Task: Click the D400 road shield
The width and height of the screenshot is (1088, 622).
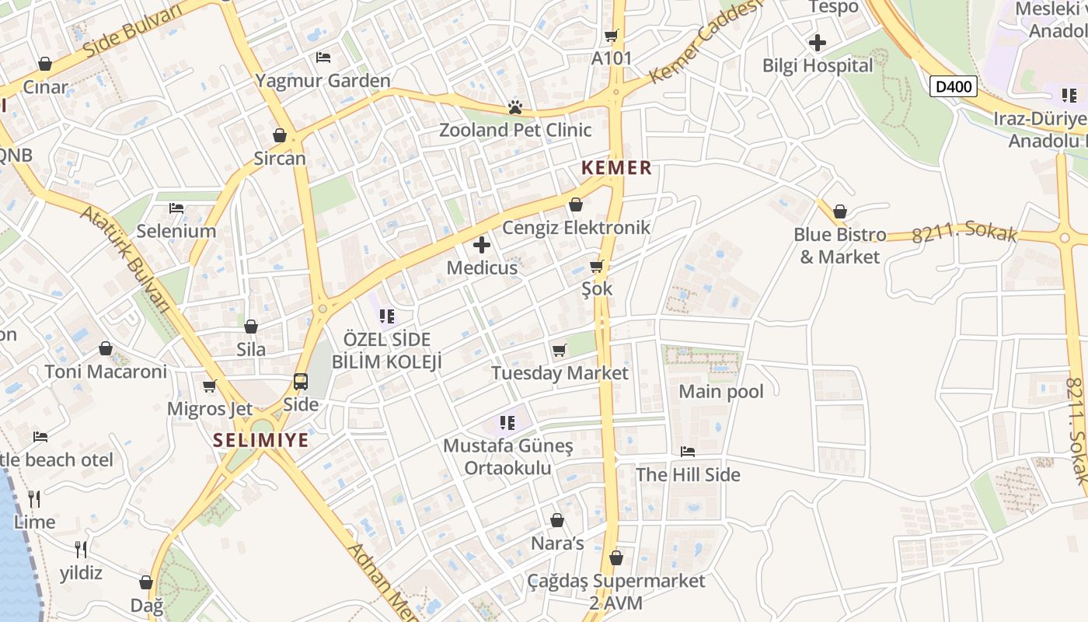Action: point(954,86)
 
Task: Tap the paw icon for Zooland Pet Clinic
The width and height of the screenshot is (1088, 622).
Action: point(514,107)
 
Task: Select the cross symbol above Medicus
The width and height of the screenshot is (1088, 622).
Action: point(482,246)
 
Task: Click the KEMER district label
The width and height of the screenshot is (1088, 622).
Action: point(616,168)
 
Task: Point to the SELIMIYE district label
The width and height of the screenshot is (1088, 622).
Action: point(261,441)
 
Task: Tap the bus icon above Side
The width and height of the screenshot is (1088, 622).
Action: point(301,382)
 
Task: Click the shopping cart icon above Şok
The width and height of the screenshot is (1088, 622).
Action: point(597,267)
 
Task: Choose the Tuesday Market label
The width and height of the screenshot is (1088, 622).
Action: point(560,373)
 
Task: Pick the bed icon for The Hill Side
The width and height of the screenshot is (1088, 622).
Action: point(688,452)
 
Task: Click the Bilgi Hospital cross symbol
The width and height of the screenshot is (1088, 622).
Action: point(818,43)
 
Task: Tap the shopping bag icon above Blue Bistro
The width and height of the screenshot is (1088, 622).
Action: point(840,211)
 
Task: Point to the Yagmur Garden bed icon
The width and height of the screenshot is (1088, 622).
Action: point(323,58)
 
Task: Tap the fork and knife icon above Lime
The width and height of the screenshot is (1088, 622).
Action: point(34,498)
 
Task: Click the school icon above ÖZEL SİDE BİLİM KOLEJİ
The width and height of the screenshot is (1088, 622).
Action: point(386,316)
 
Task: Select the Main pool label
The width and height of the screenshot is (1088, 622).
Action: point(721,392)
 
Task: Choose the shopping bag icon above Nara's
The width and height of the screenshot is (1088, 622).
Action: point(557,520)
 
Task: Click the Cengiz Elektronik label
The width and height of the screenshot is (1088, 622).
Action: point(576,228)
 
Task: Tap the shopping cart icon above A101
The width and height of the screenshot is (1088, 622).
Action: point(612,36)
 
